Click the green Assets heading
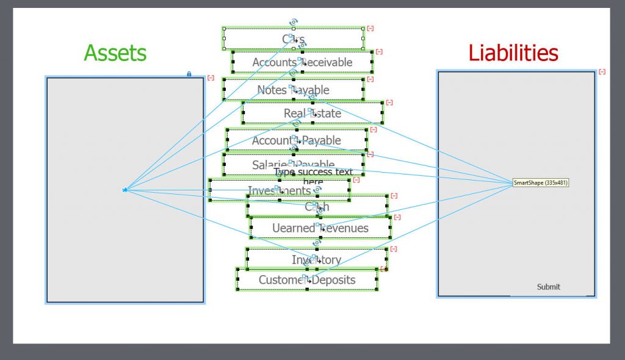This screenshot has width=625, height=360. pos(115,53)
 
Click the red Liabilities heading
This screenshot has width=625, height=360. pos(513,53)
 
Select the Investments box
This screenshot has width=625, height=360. pos(244,191)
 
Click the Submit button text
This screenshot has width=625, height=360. pos(548,287)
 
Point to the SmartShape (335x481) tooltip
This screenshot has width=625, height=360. pos(541,182)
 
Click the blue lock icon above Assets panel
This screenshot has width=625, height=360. pos(189,74)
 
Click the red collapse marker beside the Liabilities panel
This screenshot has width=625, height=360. pos(602,72)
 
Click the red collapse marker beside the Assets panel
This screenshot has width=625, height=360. pos(211,77)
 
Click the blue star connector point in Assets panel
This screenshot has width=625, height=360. pos(125,190)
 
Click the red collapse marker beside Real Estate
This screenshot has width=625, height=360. pos(389,103)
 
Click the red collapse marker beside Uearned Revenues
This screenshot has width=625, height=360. pos(397,217)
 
